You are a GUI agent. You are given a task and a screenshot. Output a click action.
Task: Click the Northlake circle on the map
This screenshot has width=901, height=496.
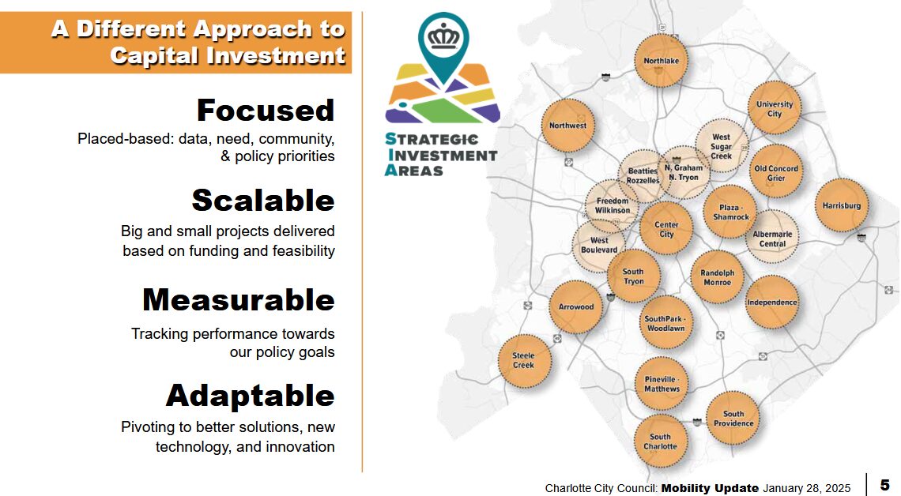pyautogui.click(x=661, y=60)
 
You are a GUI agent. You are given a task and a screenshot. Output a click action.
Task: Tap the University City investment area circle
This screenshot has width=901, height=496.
pyautogui.click(x=775, y=108)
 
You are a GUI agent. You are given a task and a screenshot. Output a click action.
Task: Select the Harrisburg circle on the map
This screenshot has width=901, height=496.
pyautogui.click(x=842, y=205)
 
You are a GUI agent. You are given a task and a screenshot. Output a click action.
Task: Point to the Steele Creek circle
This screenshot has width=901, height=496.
pyautogui.click(x=524, y=361)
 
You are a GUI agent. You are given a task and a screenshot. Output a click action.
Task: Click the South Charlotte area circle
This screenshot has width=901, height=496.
pyautogui.click(x=661, y=442)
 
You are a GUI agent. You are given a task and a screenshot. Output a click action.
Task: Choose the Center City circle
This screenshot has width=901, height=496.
pyautogui.click(x=666, y=228)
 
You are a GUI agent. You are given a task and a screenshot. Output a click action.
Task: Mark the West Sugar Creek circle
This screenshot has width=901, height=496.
pyautogui.click(x=722, y=146)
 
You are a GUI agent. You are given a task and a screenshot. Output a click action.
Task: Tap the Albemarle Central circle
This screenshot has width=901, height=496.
pyautogui.click(x=772, y=237)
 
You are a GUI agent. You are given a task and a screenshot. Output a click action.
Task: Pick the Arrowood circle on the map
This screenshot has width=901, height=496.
pyautogui.click(x=575, y=307)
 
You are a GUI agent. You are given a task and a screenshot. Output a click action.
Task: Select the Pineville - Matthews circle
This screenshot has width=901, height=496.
pyautogui.click(x=662, y=384)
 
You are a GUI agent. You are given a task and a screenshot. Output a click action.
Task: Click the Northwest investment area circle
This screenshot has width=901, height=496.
pyautogui.click(x=567, y=126)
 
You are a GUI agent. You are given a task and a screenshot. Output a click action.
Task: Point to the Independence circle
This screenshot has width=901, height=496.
pyautogui.click(x=772, y=302)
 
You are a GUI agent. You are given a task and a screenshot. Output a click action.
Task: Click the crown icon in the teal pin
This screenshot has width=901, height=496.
pyautogui.click(x=443, y=38)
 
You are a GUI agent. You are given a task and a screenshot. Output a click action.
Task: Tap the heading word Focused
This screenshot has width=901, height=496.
pyautogui.click(x=266, y=111)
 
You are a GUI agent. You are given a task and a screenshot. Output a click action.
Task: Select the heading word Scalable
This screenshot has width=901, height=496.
pyautogui.click(x=263, y=201)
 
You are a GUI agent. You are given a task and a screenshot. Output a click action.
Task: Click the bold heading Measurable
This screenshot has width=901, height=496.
pyautogui.click(x=239, y=299)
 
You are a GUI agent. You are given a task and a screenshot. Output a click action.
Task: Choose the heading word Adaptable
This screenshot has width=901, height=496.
pyautogui.click(x=250, y=396)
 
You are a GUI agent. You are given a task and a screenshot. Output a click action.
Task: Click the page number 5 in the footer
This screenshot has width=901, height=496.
pyautogui.click(x=885, y=485)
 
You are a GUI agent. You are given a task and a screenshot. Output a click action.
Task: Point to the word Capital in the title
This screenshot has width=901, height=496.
pyautogui.click(x=154, y=56)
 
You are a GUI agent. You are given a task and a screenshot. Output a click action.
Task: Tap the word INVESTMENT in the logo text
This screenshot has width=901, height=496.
pyautogui.click(x=443, y=155)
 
